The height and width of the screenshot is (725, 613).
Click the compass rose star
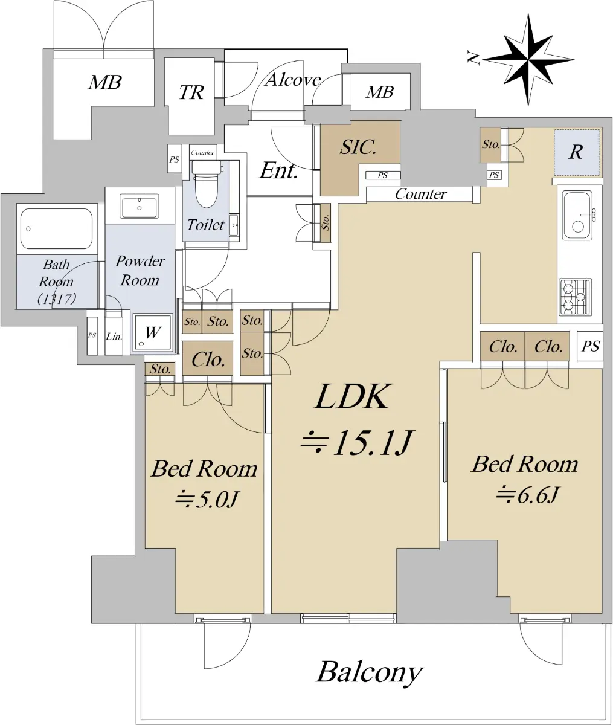[528, 60]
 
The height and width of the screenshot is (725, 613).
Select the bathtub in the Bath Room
[56, 229]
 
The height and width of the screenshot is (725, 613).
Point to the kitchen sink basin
[577, 215]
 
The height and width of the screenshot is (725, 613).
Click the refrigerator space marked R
[577, 153]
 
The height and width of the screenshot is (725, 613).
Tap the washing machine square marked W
[153, 332]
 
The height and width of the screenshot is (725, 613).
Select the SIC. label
[358, 147]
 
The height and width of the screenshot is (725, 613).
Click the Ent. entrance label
[279, 171]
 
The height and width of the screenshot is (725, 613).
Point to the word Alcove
[293, 80]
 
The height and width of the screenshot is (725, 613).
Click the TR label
[191, 92]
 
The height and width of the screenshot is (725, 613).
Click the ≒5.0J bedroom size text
[207, 499]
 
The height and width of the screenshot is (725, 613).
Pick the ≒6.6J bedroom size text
[527, 494]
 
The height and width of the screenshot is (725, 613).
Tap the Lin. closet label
[114, 337]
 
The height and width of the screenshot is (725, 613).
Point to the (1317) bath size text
[57, 298]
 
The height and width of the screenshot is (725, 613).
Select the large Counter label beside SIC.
[421, 194]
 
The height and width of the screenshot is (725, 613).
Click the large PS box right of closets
[590, 346]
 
